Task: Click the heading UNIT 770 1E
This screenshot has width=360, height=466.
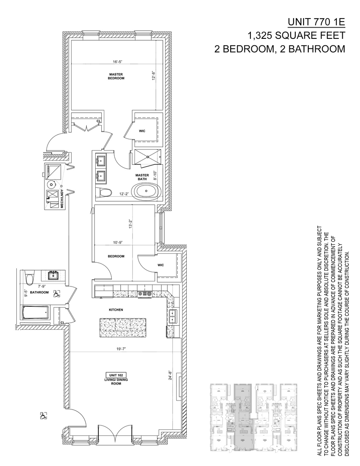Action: tap(316, 22)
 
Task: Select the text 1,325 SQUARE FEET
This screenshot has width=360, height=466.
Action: tap(296, 35)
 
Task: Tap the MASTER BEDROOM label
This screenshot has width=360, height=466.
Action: tap(116, 76)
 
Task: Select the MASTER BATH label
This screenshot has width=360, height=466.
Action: tap(142, 177)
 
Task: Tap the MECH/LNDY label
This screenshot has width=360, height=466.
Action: tap(63, 199)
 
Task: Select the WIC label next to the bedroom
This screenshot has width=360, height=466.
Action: tap(160, 265)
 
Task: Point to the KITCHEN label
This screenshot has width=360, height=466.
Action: tap(116, 310)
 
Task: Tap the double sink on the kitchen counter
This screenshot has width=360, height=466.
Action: tap(172, 316)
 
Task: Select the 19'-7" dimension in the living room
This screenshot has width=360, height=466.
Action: tap(120, 349)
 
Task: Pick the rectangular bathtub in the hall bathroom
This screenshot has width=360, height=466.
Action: tap(35, 314)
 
